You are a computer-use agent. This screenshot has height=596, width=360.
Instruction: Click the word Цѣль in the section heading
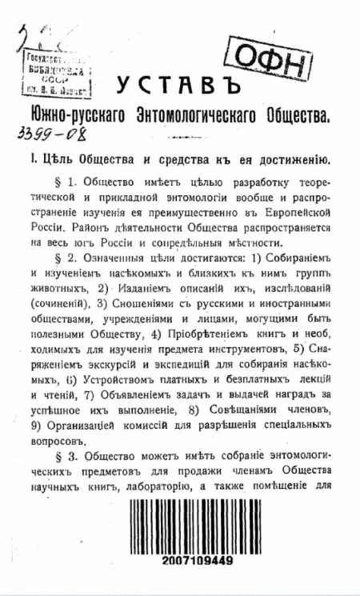[x=54, y=158]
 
